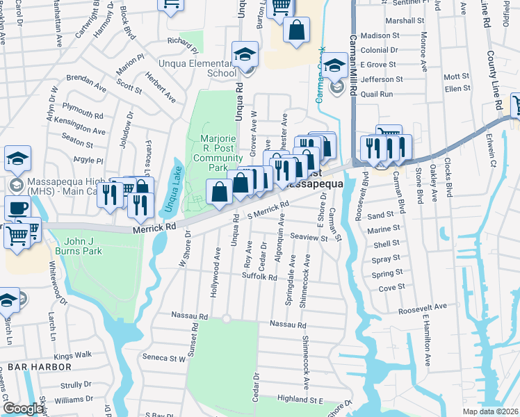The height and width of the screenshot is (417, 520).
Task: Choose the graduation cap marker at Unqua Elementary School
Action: [x=245, y=54]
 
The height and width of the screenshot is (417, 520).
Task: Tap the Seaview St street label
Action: [x=309, y=238]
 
